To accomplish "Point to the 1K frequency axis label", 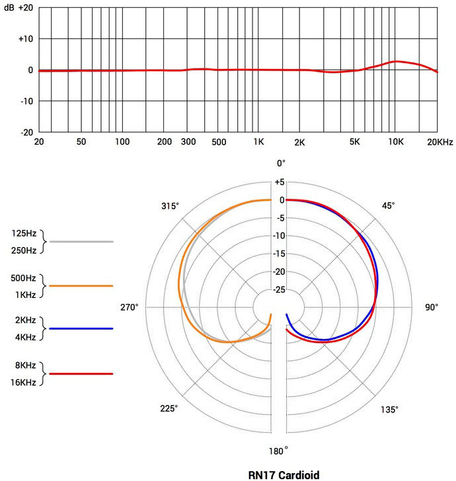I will click(259, 142).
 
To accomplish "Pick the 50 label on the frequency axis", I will click(81, 142).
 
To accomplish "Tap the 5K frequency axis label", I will click(356, 142).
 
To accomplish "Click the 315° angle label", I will click(170, 205).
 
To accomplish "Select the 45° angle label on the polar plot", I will click(389, 205).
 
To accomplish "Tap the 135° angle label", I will click(389, 410).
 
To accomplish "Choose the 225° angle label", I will click(170, 409).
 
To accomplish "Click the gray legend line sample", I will click(81, 242).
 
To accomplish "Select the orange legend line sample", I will click(81, 285).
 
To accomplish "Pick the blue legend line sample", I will click(81, 328).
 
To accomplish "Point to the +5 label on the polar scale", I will click(280, 182).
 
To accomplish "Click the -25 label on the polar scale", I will click(280, 289).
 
